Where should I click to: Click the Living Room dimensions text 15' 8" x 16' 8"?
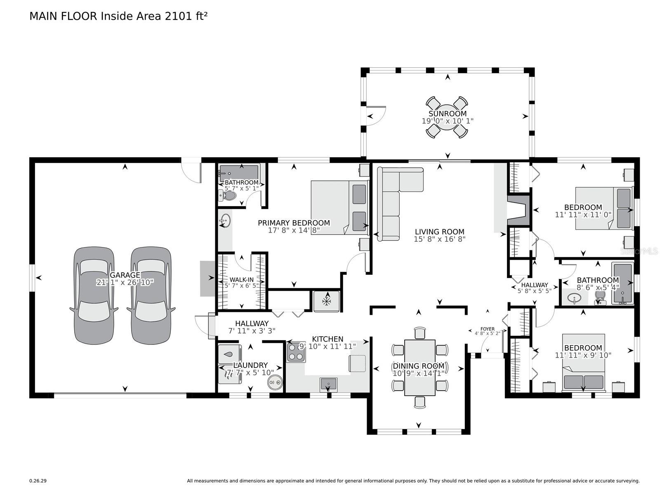point(440,239)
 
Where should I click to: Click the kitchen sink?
point(328,384)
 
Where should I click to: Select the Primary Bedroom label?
point(294,223)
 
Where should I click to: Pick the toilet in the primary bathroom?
point(228,197)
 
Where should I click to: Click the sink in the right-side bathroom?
point(575,298)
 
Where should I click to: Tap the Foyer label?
point(488,329)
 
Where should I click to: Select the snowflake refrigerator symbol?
point(327,301)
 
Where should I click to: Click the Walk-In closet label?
point(242,280)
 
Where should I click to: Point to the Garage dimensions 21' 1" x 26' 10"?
point(125,283)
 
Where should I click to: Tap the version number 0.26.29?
point(38,481)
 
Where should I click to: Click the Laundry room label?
point(250,365)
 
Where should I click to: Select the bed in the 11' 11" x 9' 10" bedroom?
point(583,375)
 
